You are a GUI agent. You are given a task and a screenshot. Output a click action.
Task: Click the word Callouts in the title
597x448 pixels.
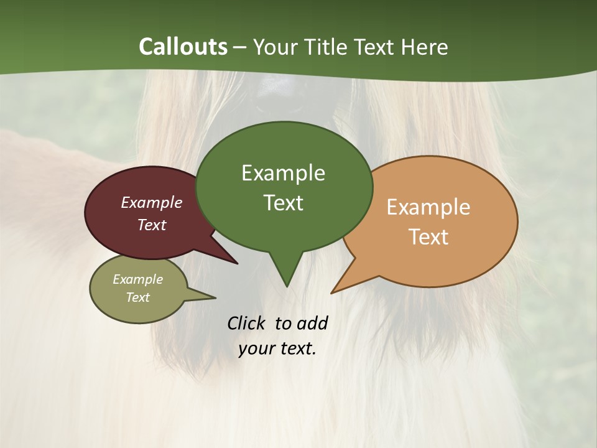click(x=183, y=47)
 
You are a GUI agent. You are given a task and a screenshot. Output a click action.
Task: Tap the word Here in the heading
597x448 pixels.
click(x=425, y=47)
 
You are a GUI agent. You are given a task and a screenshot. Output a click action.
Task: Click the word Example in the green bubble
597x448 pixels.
click(x=283, y=173)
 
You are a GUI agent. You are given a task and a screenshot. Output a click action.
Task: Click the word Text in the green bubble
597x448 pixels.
click(x=283, y=203)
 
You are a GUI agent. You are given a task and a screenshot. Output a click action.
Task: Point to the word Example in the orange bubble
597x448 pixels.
click(x=428, y=207)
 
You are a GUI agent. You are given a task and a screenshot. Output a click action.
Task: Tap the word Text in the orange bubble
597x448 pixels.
click(x=428, y=237)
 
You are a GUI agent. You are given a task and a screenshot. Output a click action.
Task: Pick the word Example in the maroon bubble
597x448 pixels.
click(x=152, y=202)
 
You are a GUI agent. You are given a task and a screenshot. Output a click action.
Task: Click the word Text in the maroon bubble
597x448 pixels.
click(x=152, y=225)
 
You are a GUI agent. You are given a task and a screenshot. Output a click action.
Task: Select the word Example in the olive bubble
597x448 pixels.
click(x=138, y=279)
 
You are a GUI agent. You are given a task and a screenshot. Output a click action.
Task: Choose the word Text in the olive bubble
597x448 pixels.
click(x=138, y=297)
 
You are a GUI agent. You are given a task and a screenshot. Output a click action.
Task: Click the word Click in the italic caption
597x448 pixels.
click(x=248, y=323)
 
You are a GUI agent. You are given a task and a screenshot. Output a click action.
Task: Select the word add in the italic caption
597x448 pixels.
click(x=312, y=323)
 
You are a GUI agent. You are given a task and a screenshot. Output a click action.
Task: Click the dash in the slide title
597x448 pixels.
click(x=241, y=47)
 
